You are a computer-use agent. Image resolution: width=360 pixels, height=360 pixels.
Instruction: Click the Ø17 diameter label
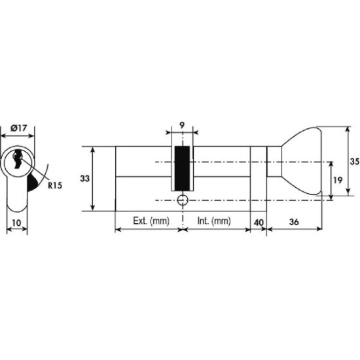coord(19,128)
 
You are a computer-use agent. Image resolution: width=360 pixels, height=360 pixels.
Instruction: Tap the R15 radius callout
coord(55,185)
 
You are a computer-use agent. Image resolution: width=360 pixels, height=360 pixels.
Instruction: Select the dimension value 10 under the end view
coord(16,223)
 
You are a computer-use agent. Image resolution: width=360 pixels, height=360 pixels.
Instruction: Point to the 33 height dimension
coord(84,179)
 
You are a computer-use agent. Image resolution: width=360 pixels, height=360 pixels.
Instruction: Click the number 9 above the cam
coord(181,126)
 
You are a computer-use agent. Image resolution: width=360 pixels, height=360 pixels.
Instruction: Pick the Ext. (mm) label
coord(151,221)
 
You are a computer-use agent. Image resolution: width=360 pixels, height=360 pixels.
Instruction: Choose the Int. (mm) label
coord(214,221)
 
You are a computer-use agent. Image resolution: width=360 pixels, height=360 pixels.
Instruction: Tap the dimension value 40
coord(259,223)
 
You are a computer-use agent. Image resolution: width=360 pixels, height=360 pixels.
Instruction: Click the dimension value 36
coord(294,222)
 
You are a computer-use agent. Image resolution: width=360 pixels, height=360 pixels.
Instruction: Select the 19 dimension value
coord(338,180)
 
